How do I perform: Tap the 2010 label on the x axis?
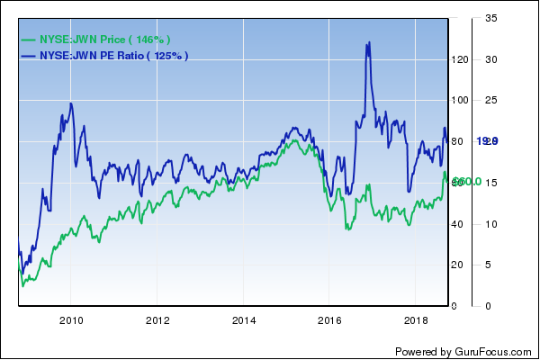tap(71, 320)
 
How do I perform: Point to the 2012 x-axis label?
tap(157, 320)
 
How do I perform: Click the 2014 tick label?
tap(244, 320)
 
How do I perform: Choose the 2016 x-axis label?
tap(330, 320)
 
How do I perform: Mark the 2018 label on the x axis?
tap(416, 320)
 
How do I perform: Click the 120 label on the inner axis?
tap(460, 59)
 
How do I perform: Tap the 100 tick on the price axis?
tap(460, 101)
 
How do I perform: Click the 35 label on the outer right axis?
tap(490, 19)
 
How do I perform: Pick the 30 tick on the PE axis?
tap(490, 59)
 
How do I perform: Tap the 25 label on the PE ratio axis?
tap(490, 101)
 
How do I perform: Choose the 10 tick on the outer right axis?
tap(490, 224)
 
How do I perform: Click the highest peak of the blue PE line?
tap(367, 43)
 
